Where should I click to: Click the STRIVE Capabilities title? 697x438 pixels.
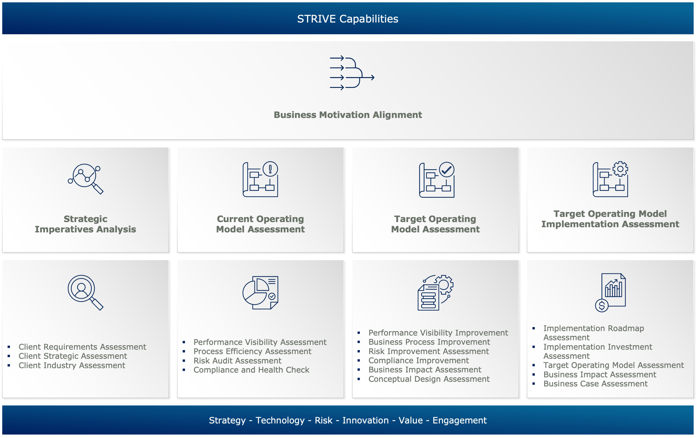click(x=348, y=19)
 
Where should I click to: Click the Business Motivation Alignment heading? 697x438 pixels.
click(x=348, y=115)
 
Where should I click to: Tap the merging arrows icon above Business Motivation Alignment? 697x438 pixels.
click(x=352, y=73)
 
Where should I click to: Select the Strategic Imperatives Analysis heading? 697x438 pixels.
click(x=85, y=224)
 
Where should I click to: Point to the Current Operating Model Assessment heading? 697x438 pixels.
click(x=260, y=224)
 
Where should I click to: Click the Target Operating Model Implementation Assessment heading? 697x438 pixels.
click(x=610, y=219)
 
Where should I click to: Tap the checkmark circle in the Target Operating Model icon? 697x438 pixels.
click(x=447, y=169)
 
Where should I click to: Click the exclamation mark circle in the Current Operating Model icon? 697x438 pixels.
click(x=270, y=169)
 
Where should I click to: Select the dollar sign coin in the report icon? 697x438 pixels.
click(x=602, y=305)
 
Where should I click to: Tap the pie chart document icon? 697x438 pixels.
click(x=260, y=293)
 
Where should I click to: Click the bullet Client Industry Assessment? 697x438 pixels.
click(x=72, y=365)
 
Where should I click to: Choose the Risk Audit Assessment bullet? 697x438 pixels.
click(x=237, y=361)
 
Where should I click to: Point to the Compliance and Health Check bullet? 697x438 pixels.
click(x=251, y=370)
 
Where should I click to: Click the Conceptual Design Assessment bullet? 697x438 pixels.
click(x=429, y=379)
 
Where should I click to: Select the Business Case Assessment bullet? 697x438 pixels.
click(x=595, y=384)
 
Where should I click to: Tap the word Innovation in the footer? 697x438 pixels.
click(x=365, y=420)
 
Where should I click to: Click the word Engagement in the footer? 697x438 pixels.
click(x=460, y=420)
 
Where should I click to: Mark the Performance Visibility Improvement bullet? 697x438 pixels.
click(x=438, y=333)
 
